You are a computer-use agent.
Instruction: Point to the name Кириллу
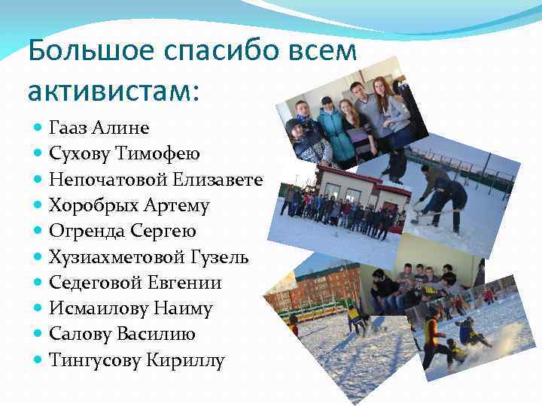coord(184,361)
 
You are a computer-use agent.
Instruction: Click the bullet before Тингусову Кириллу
coord(38,361)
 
